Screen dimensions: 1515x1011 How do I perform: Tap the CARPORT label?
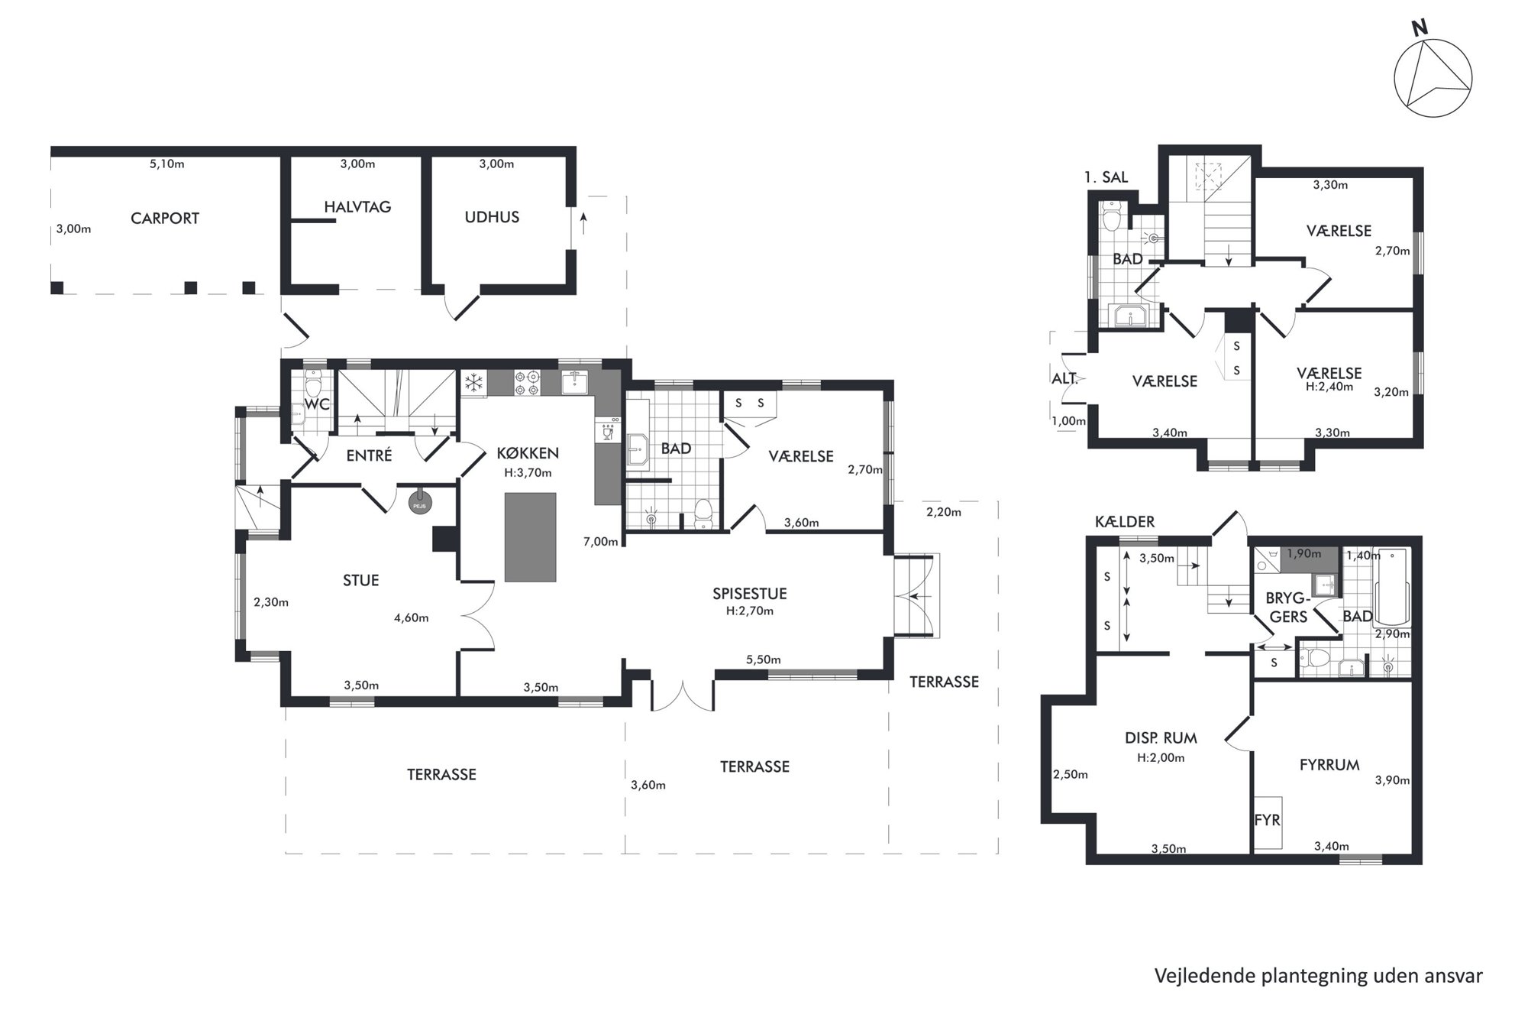click(x=165, y=219)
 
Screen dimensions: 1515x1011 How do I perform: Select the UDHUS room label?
click(x=492, y=217)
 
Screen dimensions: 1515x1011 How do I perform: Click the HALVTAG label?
click(x=357, y=207)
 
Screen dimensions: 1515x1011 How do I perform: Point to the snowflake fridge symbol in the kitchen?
click(x=474, y=383)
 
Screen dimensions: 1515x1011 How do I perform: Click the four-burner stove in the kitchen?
click(x=528, y=383)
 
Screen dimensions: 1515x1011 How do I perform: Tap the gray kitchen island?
click(x=530, y=537)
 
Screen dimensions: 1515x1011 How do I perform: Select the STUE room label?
click(x=361, y=581)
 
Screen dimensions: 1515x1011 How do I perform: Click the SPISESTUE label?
click(x=750, y=594)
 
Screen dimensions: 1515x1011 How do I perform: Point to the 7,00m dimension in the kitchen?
click(x=601, y=542)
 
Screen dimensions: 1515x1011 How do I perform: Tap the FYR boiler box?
click(x=1268, y=822)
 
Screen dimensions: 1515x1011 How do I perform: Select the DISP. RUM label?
click(x=1161, y=738)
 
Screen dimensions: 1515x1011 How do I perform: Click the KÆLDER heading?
click(x=1125, y=522)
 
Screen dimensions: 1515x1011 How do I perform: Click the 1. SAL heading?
click(x=1106, y=177)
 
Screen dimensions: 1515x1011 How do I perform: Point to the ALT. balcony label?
click(x=1064, y=378)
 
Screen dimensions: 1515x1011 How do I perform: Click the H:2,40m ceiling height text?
click(x=1329, y=387)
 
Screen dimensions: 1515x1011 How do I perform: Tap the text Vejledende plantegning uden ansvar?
click(x=1319, y=976)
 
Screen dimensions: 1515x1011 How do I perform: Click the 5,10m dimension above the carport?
click(x=167, y=164)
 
